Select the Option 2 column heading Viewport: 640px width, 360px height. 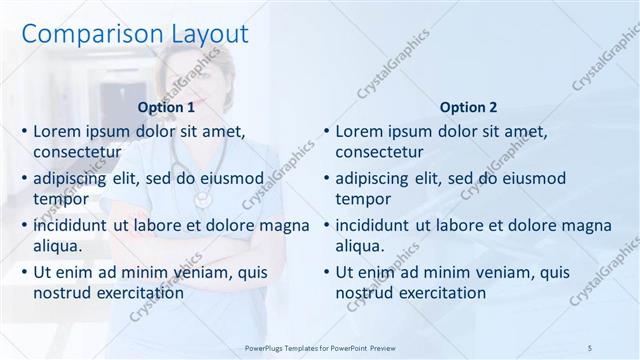point(468,107)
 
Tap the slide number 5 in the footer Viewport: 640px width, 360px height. point(590,347)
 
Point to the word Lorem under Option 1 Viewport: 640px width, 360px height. point(58,131)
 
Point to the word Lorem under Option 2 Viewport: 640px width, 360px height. point(360,131)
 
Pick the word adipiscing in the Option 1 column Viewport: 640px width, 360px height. point(73,178)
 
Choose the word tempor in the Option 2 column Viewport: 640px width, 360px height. point(362,199)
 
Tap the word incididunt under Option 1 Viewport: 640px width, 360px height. point(73,225)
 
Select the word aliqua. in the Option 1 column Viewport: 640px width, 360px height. point(57,246)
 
